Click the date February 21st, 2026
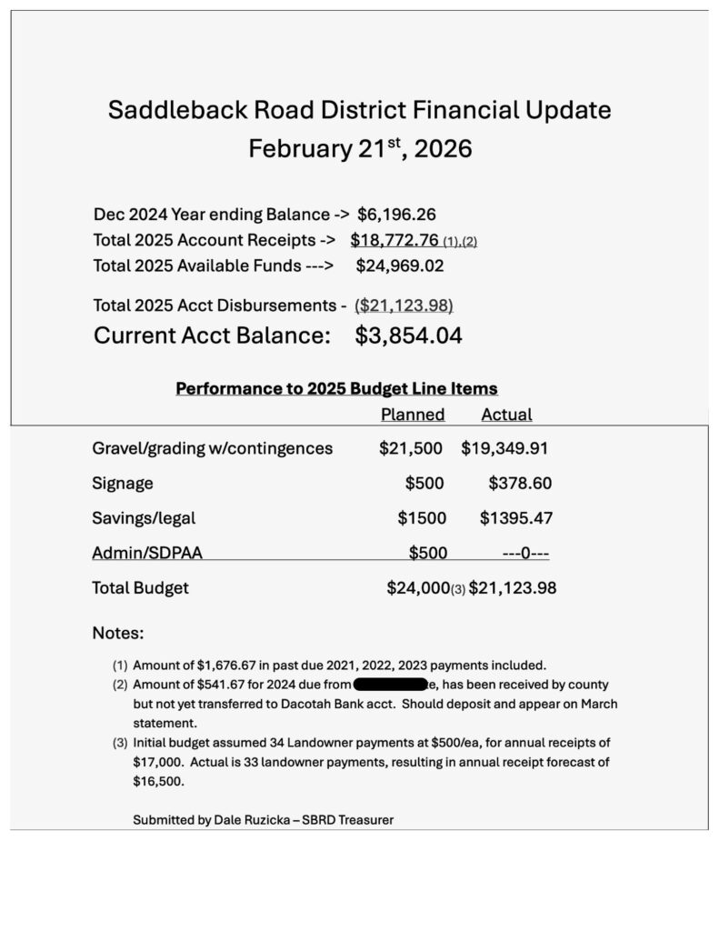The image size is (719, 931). (360, 148)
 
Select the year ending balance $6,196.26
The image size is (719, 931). (396, 215)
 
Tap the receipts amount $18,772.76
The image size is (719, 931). (394, 241)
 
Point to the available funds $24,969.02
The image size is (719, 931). (400, 266)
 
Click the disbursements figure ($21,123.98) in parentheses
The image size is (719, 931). (404, 305)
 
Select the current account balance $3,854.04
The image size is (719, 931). (408, 335)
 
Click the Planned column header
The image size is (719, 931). (412, 415)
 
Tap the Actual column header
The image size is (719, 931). (506, 415)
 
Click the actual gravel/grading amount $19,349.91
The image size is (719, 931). (504, 448)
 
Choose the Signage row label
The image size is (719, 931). (123, 483)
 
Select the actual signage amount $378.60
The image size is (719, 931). (519, 483)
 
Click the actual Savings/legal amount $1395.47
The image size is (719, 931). (515, 518)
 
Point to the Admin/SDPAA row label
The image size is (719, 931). (154, 553)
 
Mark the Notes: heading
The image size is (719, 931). (118, 633)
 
